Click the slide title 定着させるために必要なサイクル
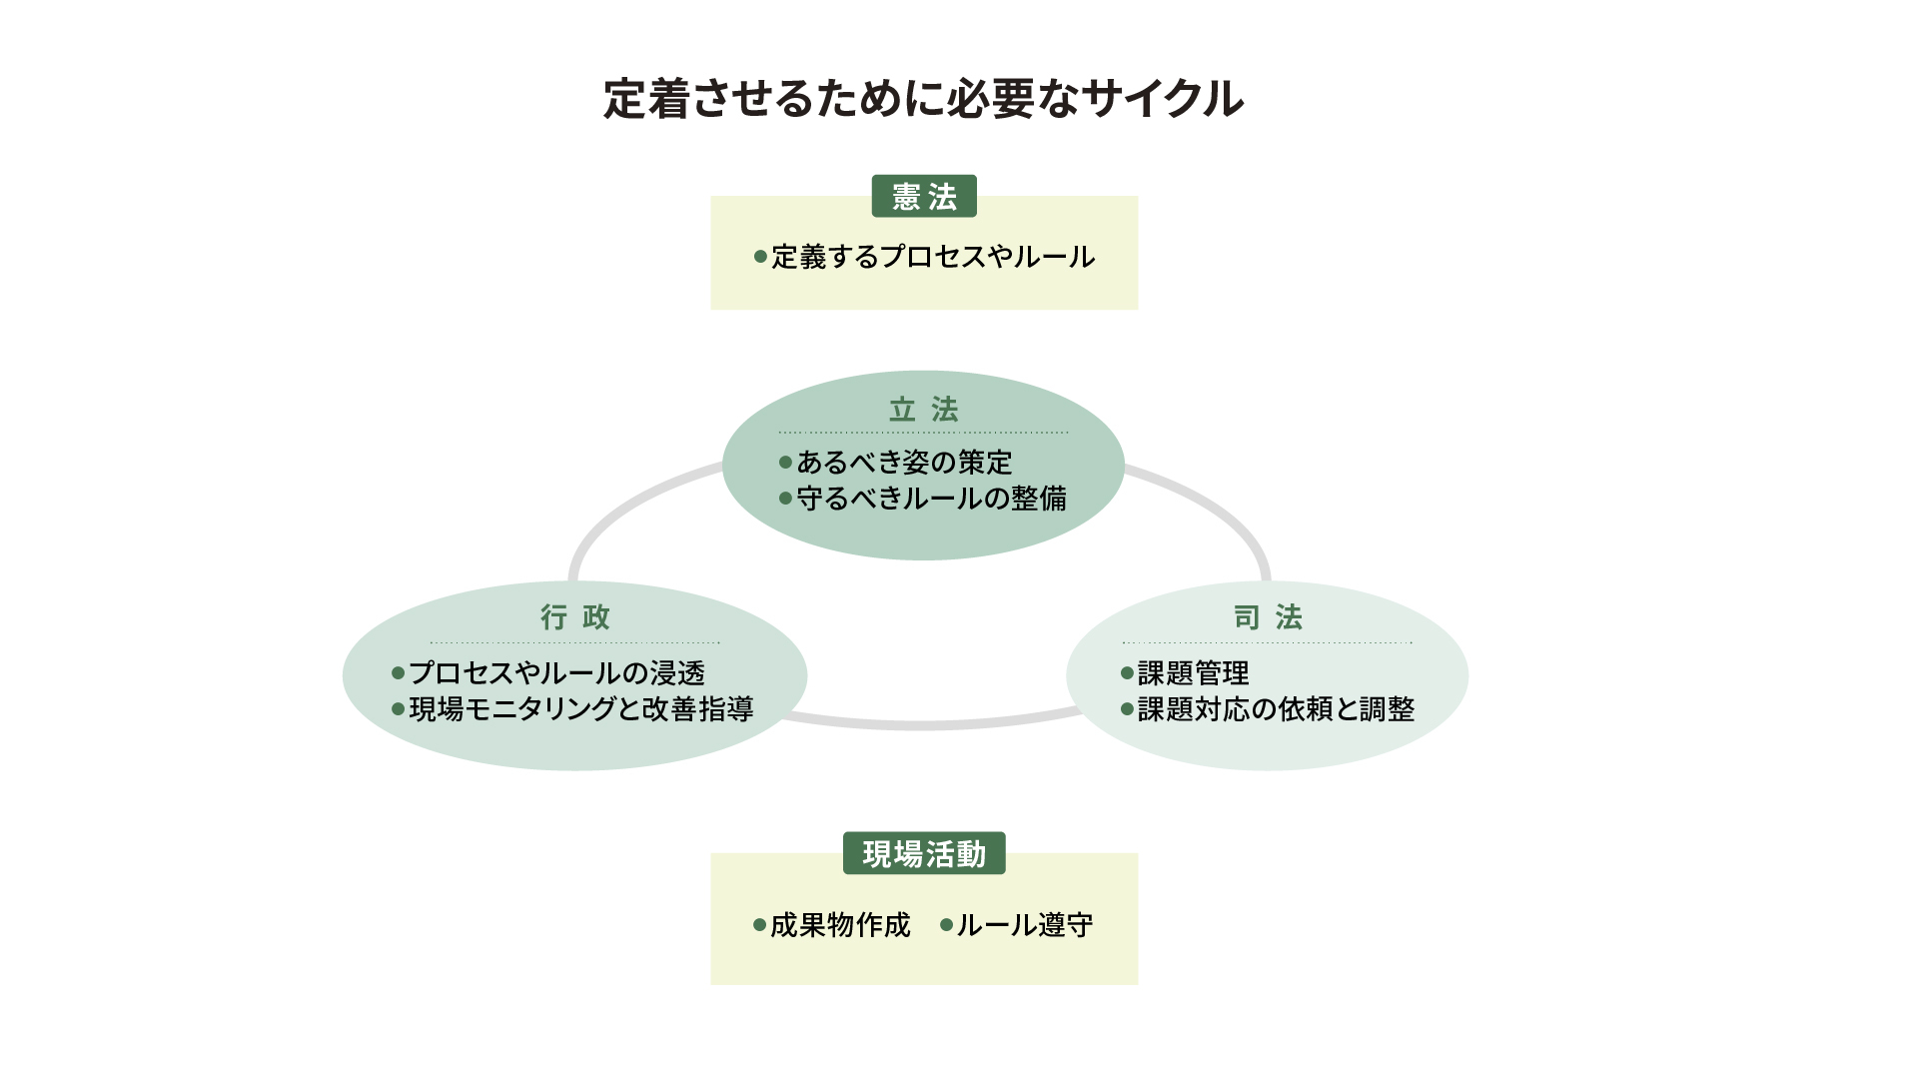[923, 99]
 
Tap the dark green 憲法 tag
[924, 196]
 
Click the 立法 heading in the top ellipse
[924, 410]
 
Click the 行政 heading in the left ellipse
[575, 617]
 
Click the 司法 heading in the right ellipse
[1268, 617]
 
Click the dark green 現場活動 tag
[924, 853]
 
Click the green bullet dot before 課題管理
[1127, 673]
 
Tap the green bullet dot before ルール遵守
[946, 925]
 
